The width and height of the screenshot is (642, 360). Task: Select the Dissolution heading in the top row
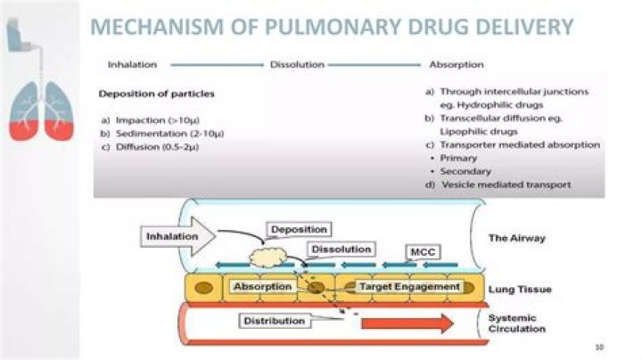tap(296, 65)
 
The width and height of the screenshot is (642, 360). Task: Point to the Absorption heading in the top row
tap(457, 65)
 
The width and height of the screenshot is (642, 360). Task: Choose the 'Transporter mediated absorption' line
tap(518, 144)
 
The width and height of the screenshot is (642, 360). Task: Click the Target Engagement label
tap(409, 287)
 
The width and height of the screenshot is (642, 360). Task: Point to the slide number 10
tap(598, 344)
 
